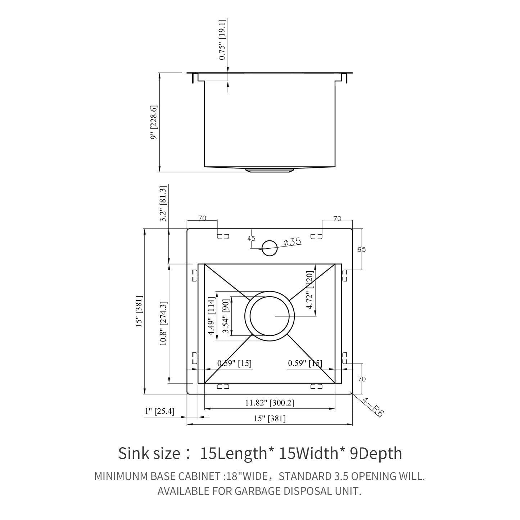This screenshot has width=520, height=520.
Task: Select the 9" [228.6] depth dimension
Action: [x=154, y=122]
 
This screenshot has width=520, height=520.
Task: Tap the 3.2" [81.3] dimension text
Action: [x=163, y=204]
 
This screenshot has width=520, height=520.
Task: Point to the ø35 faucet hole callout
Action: [x=291, y=242]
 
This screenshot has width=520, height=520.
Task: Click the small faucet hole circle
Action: [x=269, y=247]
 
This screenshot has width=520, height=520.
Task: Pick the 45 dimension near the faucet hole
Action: [x=251, y=239]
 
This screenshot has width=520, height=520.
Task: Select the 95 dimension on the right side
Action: [x=362, y=249]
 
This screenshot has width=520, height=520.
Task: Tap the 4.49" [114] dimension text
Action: [x=212, y=316]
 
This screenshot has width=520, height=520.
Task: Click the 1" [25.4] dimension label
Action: [x=159, y=411]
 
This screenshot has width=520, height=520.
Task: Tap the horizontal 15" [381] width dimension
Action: [x=270, y=419]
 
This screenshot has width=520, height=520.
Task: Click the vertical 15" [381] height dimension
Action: [x=139, y=311]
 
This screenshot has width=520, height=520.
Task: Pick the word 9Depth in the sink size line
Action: [x=376, y=453]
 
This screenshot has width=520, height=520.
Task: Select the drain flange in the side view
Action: [x=270, y=169]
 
